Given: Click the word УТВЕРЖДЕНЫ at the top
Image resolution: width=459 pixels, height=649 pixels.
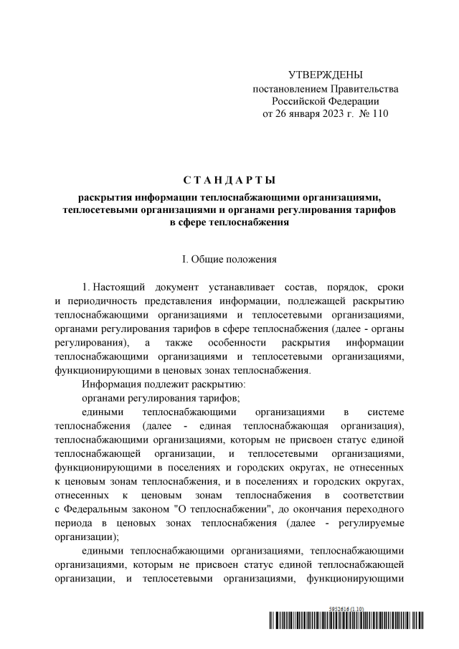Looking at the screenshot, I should (x=325, y=75).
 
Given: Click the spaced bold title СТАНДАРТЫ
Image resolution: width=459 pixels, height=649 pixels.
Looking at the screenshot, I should (x=229, y=179).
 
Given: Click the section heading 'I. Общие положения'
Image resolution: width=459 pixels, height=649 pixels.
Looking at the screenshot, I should (x=229, y=257).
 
